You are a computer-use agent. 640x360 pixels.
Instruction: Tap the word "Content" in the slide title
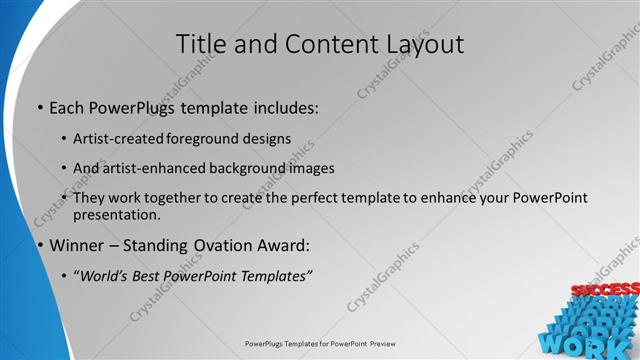[x=321, y=45]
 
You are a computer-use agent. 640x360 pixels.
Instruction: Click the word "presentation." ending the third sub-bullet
[x=117, y=214]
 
